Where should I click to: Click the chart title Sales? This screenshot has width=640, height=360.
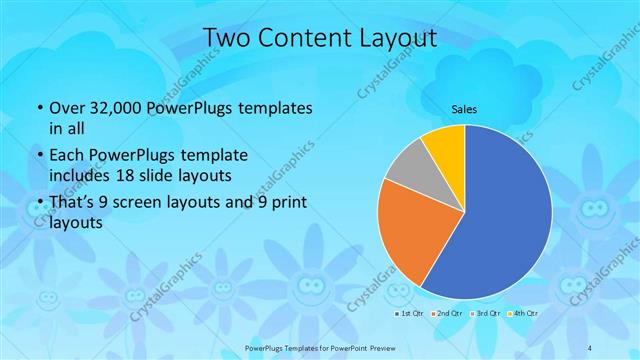tap(464, 107)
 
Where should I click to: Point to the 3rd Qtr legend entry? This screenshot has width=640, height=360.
tap(485, 313)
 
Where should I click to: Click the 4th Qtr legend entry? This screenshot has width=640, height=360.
tap(522, 313)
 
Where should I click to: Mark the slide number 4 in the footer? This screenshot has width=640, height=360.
tap(590, 346)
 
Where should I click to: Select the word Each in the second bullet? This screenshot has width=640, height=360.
tap(66, 156)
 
